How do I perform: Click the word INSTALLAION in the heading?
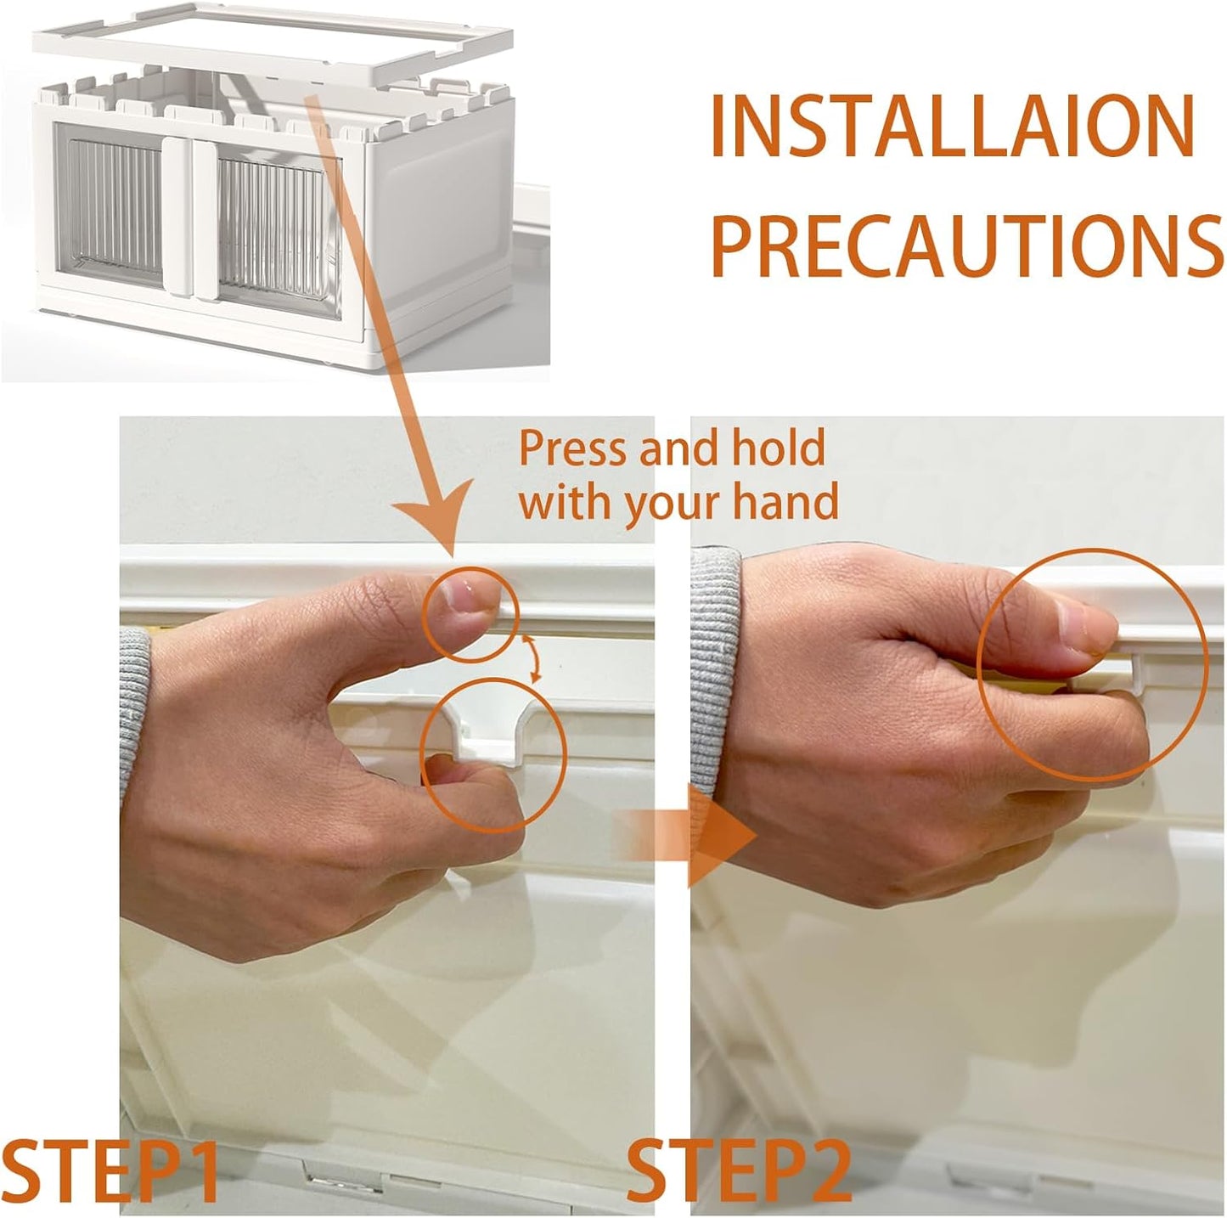pyautogui.click(x=952, y=126)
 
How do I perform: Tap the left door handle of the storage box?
pyautogui.click(x=177, y=217)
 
